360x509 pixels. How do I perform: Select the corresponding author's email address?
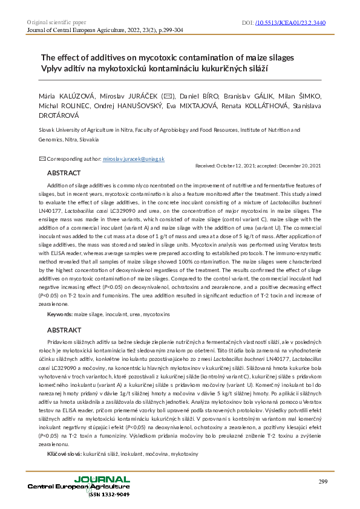[129, 158]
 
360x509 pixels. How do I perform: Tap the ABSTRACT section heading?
[64, 173]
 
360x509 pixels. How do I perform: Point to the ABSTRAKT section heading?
[64, 330]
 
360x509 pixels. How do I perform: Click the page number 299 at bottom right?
[323, 481]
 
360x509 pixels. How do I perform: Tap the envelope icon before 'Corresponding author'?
[42, 158]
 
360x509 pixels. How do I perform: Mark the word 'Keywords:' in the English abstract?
[60, 315]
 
